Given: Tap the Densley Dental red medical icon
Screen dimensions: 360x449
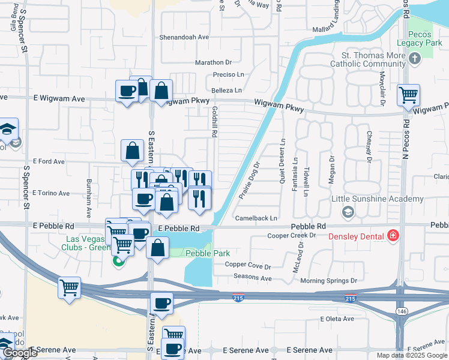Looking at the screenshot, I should coord(393,236).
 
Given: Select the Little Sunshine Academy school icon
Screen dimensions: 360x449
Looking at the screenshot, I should coord(348,212).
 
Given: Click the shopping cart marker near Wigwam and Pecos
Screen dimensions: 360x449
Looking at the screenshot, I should coord(408,95).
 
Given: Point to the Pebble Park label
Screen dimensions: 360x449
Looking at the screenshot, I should coord(208,253).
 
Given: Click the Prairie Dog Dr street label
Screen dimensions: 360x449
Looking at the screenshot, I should coord(249,179).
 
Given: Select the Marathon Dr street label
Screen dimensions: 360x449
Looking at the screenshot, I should coord(212,62).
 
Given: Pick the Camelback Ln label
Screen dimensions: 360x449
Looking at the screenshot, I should coord(256,218).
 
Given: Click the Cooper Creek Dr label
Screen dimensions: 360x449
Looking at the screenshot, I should coord(291,235).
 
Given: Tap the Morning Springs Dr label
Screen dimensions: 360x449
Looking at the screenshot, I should coord(328,280).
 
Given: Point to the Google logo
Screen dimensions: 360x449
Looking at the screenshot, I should coord(19,353).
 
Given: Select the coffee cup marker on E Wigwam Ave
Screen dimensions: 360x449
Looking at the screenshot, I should coord(127,91).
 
